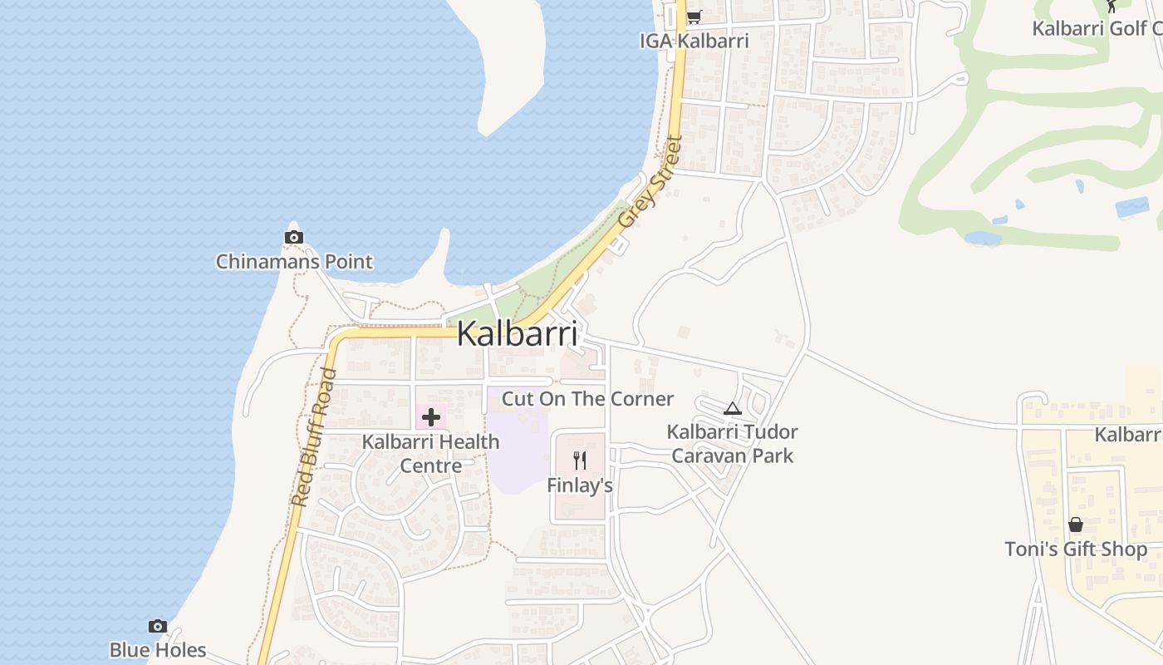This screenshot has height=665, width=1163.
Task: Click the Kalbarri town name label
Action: click(x=517, y=334)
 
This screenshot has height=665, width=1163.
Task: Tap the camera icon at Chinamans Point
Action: click(x=293, y=238)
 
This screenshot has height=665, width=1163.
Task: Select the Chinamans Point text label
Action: click(x=294, y=262)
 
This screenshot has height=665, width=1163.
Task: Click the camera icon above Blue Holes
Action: click(x=158, y=626)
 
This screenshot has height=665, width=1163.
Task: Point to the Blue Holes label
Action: click(x=158, y=649)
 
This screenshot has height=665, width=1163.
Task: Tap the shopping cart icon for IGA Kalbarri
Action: click(x=694, y=17)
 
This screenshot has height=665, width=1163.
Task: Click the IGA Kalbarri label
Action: click(x=694, y=41)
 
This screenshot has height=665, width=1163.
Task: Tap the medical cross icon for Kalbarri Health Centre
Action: click(x=431, y=416)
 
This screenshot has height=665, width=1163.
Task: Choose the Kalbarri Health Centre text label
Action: click(x=431, y=453)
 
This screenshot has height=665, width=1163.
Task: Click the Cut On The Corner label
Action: click(x=587, y=399)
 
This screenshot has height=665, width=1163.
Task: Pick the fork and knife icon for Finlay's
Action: click(x=580, y=460)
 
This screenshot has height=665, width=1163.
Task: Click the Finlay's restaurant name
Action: click(x=580, y=485)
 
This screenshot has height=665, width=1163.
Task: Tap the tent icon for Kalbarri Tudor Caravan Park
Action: click(x=732, y=408)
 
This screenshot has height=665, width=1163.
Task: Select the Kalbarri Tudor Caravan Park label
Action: click(x=732, y=444)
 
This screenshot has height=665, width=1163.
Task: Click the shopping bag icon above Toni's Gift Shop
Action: click(x=1076, y=525)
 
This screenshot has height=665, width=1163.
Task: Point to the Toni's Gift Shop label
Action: click(x=1076, y=549)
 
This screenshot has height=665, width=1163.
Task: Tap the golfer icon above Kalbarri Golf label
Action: click(x=1112, y=5)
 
